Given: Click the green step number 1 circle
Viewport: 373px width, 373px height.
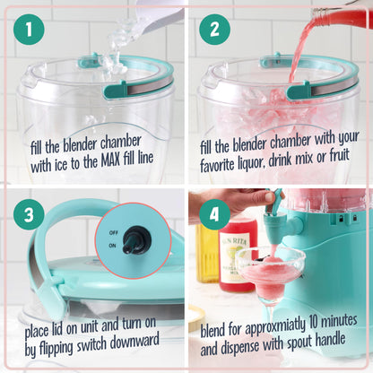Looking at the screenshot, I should coord(31,30).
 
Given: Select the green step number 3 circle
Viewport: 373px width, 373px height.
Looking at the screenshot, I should coord(31,216).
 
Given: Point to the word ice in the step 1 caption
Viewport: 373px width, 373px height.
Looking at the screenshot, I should coord(69,165).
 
